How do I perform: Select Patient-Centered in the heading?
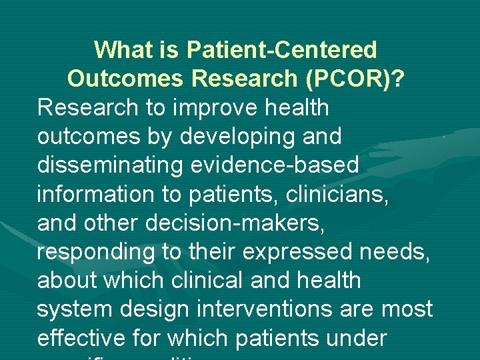click(x=282, y=49)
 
